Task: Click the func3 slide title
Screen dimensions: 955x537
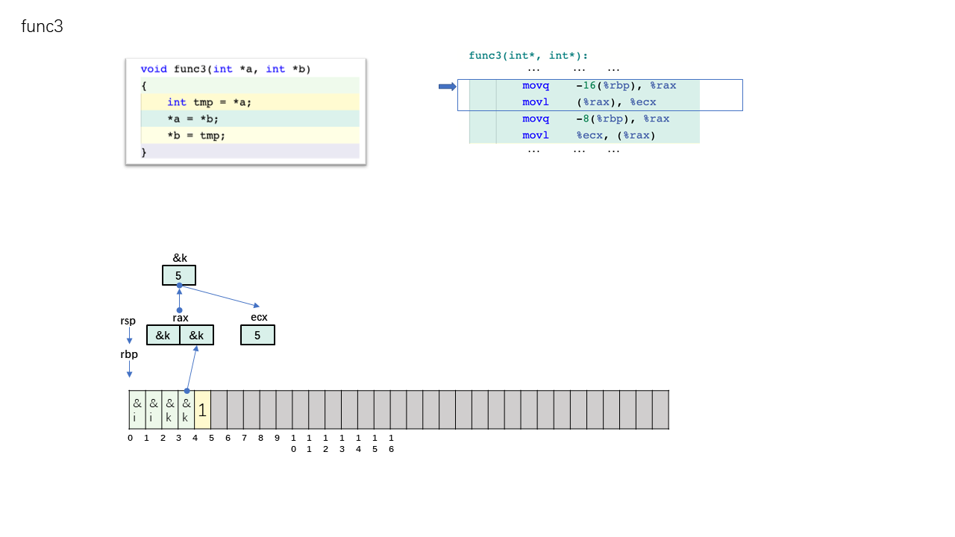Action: point(43,26)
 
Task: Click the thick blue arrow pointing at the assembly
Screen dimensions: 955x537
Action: point(447,87)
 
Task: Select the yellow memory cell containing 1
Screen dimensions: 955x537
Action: point(202,409)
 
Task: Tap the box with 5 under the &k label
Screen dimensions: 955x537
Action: point(179,275)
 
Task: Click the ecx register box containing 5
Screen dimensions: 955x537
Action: point(257,335)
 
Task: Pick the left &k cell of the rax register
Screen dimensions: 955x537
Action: point(163,335)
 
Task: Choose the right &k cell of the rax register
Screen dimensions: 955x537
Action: point(196,335)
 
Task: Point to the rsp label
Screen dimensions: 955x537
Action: point(128,321)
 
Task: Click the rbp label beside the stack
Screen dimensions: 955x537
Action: point(129,354)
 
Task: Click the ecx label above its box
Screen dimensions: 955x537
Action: point(259,317)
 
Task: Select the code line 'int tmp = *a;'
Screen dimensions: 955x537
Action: point(209,102)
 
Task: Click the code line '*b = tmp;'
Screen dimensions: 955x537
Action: point(196,136)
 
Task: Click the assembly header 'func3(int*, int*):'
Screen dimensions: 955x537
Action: point(528,55)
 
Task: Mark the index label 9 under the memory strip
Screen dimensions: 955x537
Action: point(277,438)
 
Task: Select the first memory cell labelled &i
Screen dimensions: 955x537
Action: point(137,409)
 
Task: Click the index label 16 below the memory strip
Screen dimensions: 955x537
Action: point(391,443)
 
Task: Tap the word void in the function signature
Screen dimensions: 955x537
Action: point(154,69)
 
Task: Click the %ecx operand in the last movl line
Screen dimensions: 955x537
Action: point(589,135)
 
